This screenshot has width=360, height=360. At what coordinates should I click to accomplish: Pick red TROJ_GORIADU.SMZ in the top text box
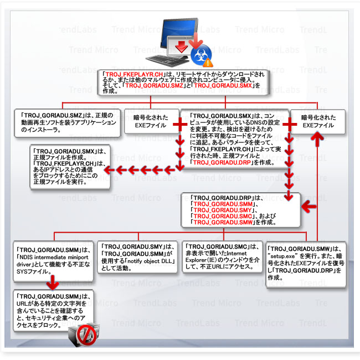(x=153, y=86)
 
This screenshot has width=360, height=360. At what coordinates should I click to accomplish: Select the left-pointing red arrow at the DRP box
(x=308, y=207)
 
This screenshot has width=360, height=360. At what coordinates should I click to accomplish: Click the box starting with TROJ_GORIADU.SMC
(x=222, y=256)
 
